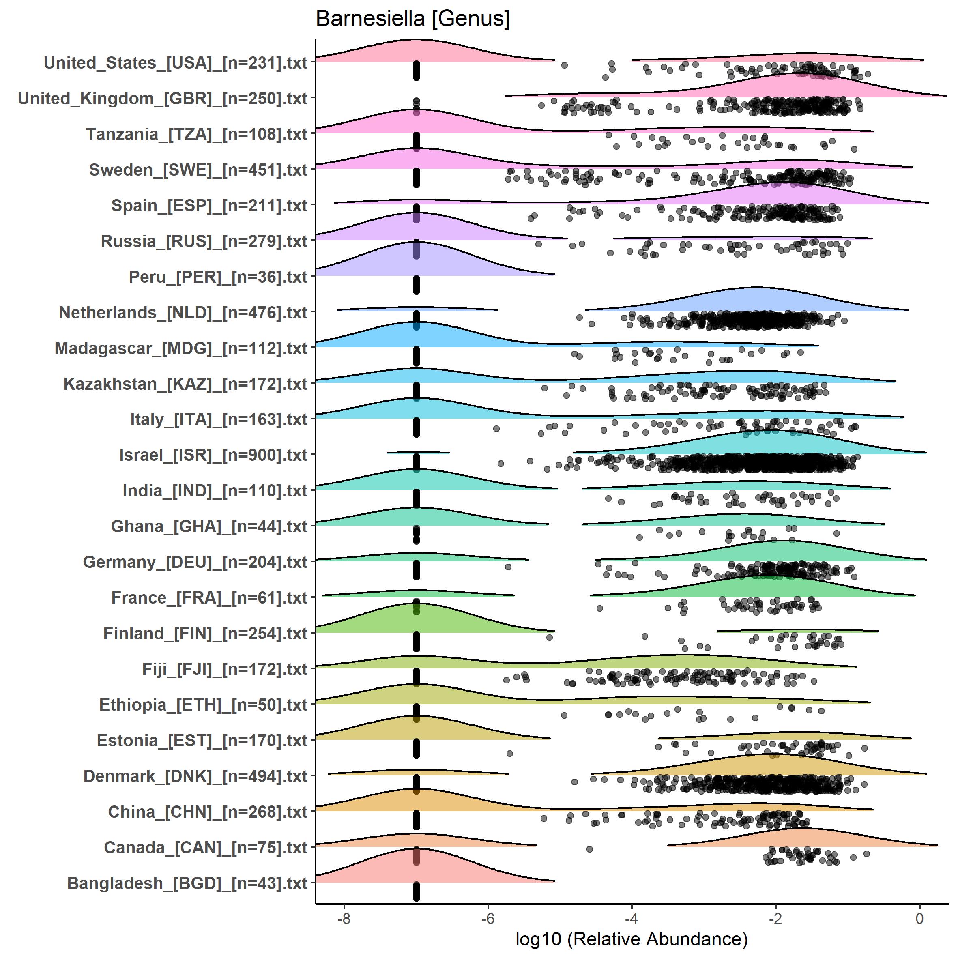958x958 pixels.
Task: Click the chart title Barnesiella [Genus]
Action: pyautogui.click(x=412, y=19)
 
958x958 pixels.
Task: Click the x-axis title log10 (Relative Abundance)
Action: pyautogui.click(x=631, y=939)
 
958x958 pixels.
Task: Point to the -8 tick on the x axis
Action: pyautogui.click(x=344, y=918)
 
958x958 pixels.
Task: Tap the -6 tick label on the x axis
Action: pyautogui.click(x=488, y=918)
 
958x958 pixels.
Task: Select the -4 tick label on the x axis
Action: pyautogui.click(x=631, y=918)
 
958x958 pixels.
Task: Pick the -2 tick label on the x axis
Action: pyautogui.click(x=775, y=918)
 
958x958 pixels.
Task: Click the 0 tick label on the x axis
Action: pyautogui.click(x=919, y=918)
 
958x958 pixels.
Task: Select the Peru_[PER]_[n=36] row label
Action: pyautogui.click(x=218, y=277)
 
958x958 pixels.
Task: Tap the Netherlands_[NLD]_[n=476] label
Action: pyautogui.click(x=183, y=313)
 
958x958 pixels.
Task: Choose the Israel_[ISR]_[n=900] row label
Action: pyautogui.click(x=214, y=455)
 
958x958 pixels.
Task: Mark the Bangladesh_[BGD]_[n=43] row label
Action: pyautogui.click(x=187, y=883)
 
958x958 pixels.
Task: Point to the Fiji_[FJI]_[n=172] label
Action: pyautogui.click(x=225, y=669)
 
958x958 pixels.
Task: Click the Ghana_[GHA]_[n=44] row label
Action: pyautogui.click(x=209, y=526)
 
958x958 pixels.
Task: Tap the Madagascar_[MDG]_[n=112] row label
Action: pyautogui.click(x=181, y=348)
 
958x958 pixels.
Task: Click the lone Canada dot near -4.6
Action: pyautogui.click(x=590, y=849)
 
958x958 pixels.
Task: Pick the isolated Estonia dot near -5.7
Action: pyautogui.click(x=510, y=754)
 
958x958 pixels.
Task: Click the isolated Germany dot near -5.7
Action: pyautogui.click(x=508, y=567)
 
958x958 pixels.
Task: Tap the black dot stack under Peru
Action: pyautogui.click(x=417, y=286)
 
